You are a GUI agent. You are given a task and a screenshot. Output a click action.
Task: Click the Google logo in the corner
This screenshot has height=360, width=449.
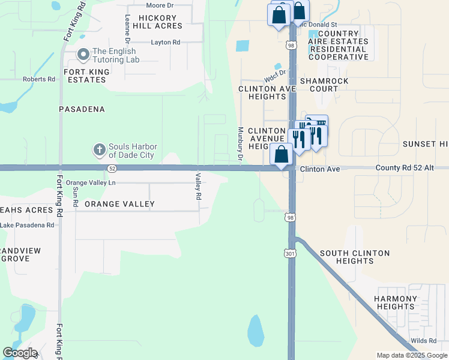click(x=20, y=353)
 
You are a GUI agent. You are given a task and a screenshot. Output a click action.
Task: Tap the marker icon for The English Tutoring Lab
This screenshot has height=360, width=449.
click(x=83, y=56)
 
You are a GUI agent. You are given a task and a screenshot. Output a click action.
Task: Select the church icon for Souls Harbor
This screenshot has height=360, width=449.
click(x=99, y=148)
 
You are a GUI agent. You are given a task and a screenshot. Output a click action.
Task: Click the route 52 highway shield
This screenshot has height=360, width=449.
click(x=112, y=169)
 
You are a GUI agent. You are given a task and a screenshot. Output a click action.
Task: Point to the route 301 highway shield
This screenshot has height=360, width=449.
click(x=290, y=254)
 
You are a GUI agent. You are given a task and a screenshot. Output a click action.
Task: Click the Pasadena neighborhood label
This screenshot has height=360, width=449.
click(x=82, y=109)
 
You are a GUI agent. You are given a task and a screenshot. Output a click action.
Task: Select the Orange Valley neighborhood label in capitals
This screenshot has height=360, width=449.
click(x=119, y=204)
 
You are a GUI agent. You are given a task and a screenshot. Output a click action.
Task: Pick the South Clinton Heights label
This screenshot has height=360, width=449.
click(x=354, y=257)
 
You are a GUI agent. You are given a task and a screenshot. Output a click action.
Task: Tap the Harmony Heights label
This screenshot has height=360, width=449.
click(x=396, y=302)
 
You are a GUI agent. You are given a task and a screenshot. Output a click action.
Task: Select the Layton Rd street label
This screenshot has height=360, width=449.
click(x=166, y=43)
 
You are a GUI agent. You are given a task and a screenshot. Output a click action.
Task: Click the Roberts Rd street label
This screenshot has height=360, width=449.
click(x=38, y=79)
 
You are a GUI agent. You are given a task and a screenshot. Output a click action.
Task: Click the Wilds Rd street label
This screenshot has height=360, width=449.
click(x=424, y=341)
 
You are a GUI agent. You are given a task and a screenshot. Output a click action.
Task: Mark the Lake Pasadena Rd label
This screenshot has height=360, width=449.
click(x=27, y=225)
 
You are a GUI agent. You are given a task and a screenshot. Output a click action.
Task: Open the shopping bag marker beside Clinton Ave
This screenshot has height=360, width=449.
click(x=281, y=154)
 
